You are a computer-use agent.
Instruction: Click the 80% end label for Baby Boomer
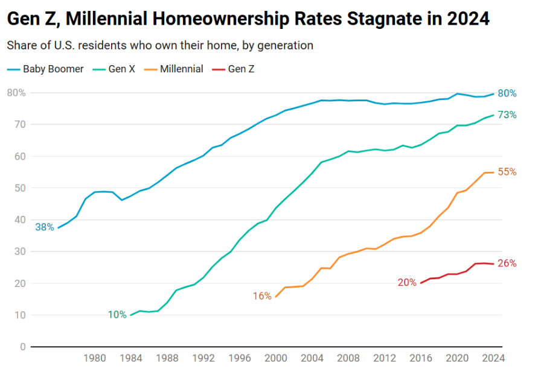[x=507, y=93]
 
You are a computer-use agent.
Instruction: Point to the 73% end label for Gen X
[x=507, y=115]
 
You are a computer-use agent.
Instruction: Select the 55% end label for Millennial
[x=507, y=172]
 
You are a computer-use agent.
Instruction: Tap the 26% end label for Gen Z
[x=507, y=263]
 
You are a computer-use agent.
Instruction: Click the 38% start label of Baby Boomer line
[x=45, y=227]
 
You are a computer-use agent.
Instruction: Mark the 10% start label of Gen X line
[x=117, y=315]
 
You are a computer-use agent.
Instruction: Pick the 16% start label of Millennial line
[x=262, y=296]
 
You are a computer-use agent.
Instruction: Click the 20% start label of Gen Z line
[x=407, y=282]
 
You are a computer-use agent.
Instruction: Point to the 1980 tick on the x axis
[x=94, y=358]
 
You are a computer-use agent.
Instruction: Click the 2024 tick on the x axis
[x=493, y=358]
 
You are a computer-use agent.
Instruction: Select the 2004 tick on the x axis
[x=312, y=358]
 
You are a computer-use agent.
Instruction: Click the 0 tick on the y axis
[x=22, y=347]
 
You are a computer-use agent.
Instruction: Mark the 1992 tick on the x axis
[x=203, y=358]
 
